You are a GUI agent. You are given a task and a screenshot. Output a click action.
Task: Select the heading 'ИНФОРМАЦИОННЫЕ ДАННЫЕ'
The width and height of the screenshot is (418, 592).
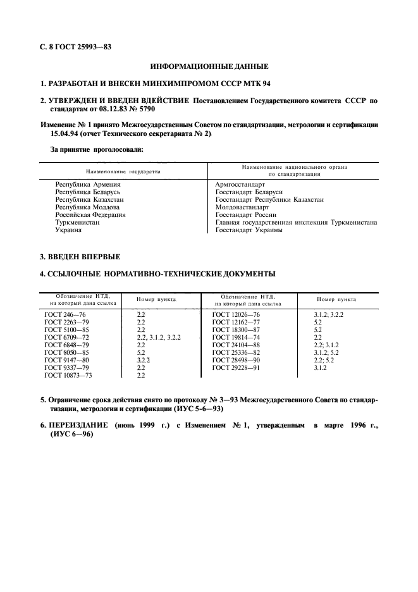tap(209, 66)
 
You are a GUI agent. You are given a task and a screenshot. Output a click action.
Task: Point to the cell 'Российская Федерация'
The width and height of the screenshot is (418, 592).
tap(90, 214)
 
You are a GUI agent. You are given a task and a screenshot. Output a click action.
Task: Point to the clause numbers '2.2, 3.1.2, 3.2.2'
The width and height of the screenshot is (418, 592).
tap(159, 338)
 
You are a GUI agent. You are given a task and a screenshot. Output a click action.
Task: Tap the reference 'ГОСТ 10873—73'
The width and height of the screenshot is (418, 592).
tap(70, 376)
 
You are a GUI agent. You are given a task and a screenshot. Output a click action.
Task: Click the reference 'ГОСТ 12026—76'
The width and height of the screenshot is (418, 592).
tap(237, 314)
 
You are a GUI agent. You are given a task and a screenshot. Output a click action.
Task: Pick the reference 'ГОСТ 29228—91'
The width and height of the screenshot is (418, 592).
tap(237, 368)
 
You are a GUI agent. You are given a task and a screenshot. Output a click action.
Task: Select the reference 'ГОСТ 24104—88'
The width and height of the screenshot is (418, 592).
tap(237, 345)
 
